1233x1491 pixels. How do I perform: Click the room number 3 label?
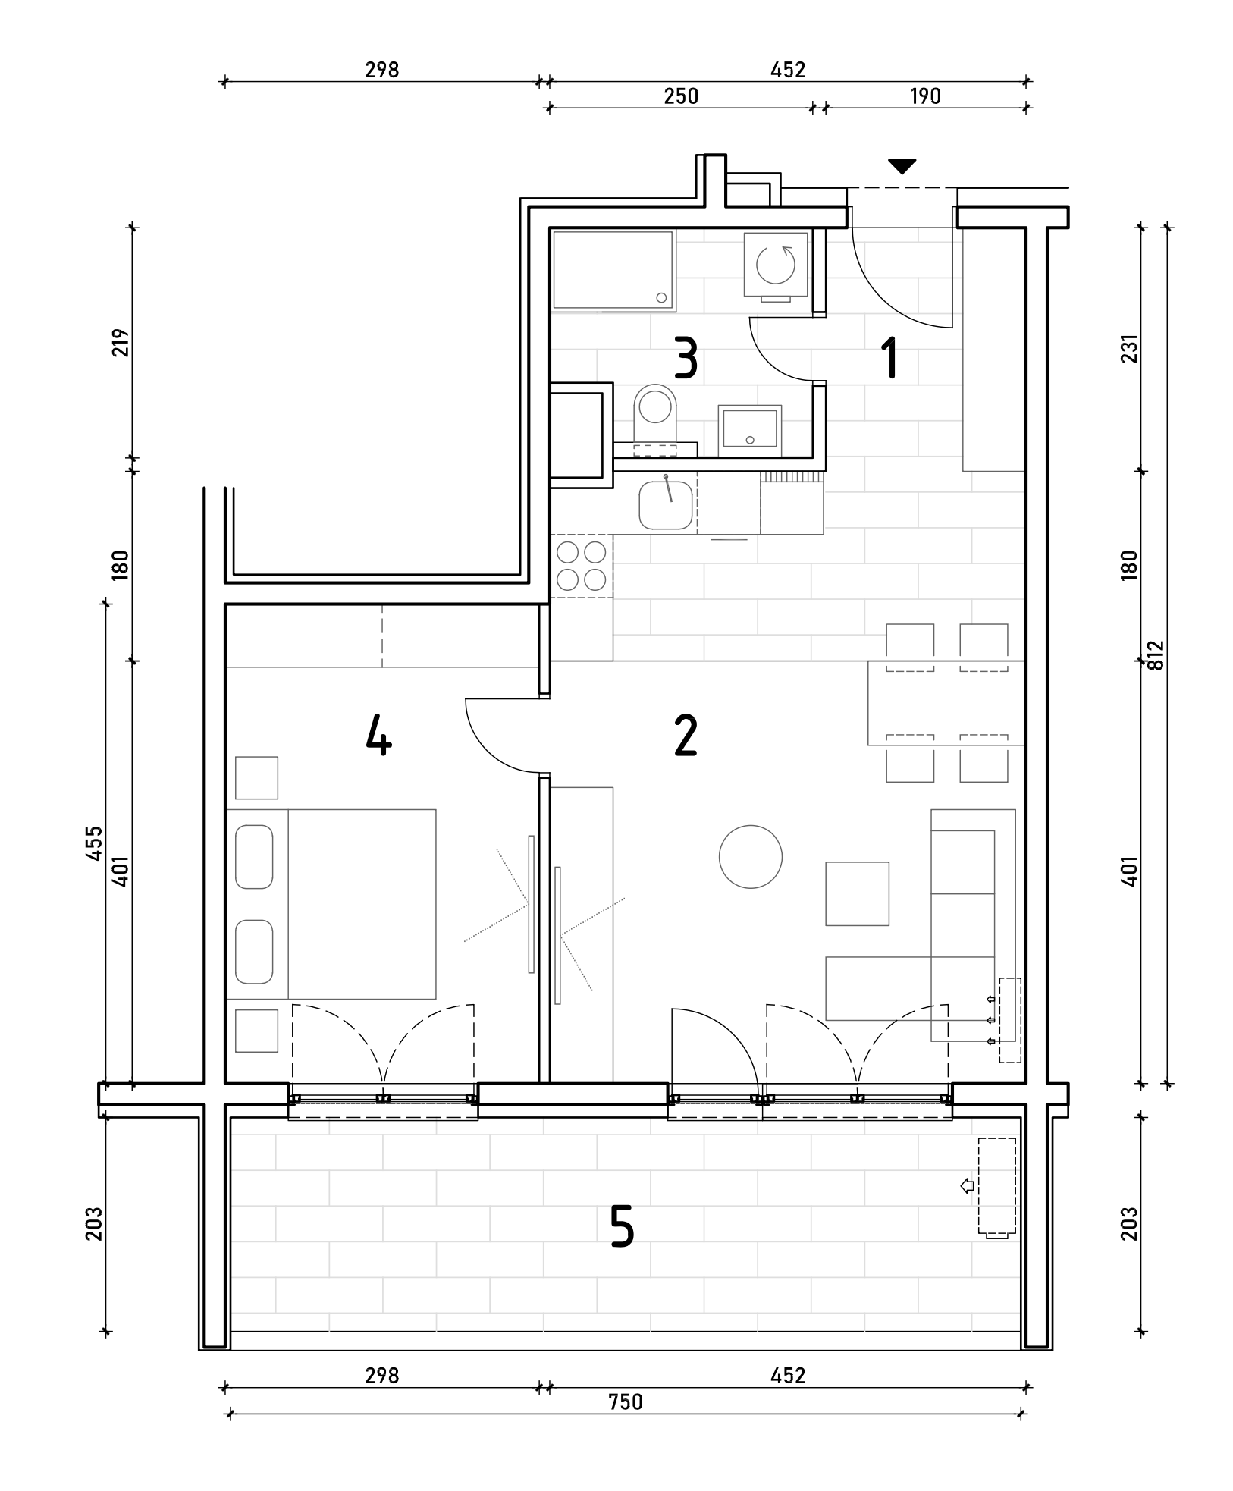point(686,359)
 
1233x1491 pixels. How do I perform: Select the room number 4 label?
point(378,736)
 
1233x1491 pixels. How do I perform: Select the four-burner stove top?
point(582,566)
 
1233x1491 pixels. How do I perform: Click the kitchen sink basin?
point(666,505)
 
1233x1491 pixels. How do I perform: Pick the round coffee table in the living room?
point(751,857)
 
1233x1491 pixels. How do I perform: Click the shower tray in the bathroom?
point(613,271)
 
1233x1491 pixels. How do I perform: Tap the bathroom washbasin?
point(750,429)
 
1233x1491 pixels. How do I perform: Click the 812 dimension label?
point(1155,655)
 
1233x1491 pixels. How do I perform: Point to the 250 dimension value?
point(681,96)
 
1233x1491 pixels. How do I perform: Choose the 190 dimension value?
point(925,96)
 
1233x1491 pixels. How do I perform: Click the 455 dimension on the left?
point(94,843)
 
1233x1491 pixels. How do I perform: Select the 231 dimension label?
point(1130,349)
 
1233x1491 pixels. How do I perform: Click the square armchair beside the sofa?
point(857,893)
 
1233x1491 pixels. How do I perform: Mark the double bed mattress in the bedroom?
point(362,904)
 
